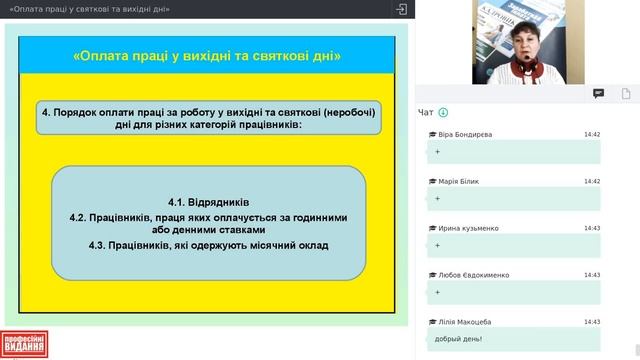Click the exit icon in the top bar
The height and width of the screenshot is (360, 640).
pyautogui.click(x=401, y=9)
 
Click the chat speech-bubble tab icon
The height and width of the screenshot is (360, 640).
pyautogui.click(x=598, y=93)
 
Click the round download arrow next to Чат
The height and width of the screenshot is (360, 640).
pyautogui.click(x=443, y=113)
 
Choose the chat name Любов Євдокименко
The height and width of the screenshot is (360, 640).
pyautogui.click(x=473, y=275)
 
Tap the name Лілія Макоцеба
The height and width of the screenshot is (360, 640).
pyautogui.click(x=464, y=322)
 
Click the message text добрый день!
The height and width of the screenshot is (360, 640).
pyautogui.click(x=459, y=339)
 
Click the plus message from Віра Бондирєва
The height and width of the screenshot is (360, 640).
pyautogui.click(x=438, y=151)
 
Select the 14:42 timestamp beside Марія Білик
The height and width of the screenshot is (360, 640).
pyautogui.click(x=592, y=181)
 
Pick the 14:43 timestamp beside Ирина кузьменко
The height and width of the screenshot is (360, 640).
pyautogui.click(x=592, y=228)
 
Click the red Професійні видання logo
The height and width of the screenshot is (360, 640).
pyautogui.click(x=25, y=345)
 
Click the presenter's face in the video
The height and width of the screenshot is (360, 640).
pyautogui.click(x=525, y=43)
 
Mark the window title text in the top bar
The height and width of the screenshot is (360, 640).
pyautogui.click(x=89, y=9)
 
